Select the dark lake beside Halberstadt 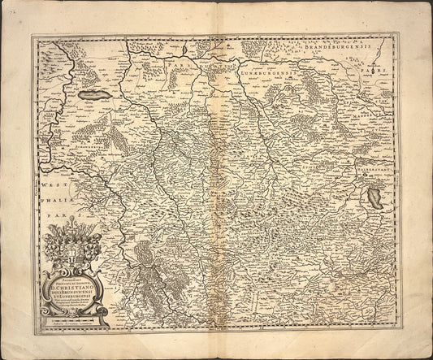[375, 196]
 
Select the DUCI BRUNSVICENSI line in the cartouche [75, 293]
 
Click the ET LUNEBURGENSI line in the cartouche [75, 299]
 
